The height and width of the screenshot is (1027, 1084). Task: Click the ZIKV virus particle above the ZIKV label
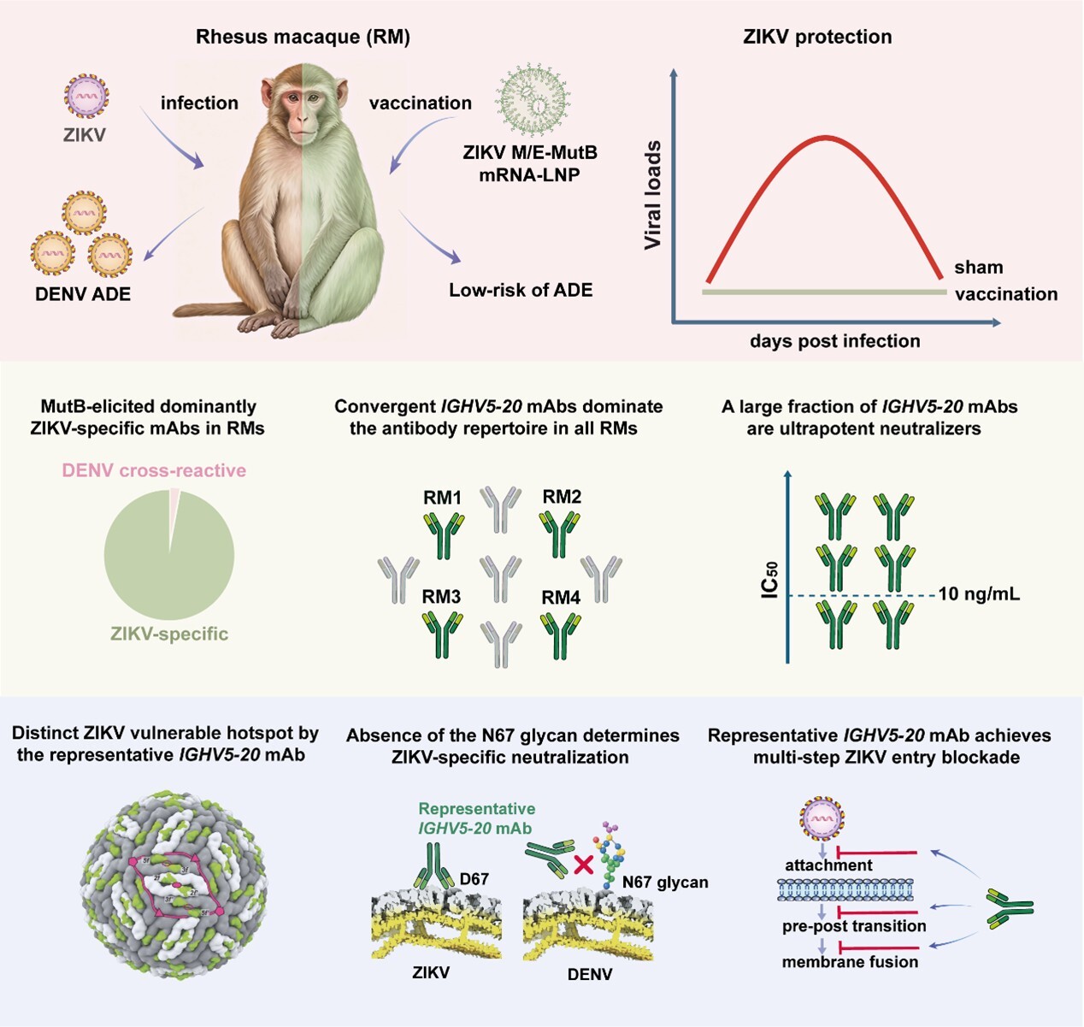pos(86,96)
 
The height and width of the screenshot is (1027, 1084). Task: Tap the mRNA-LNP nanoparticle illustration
pos(532,100)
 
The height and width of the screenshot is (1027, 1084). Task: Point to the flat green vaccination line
pos(824,292)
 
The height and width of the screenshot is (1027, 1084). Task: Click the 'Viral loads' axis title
pos(653,195)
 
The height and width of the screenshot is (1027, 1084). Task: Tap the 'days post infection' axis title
pos(834,341)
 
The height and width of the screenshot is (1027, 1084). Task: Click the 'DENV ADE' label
pos(83,294)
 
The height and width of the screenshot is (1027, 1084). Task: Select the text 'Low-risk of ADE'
pos(521,290)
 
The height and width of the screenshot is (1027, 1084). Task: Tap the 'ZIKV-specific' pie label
pos(169,634)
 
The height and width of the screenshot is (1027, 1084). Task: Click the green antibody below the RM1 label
pos(444,535)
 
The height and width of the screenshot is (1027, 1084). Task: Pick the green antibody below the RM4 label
pos(561,635)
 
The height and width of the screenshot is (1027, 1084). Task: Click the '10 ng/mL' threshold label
pos(979,594)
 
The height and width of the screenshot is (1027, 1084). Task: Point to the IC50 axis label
pos(770,580)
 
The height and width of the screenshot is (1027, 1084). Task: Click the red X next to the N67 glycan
pos(583,865)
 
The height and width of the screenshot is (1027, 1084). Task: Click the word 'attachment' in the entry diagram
pos(828,865)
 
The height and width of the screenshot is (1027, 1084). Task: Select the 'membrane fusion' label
pos(850,962)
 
